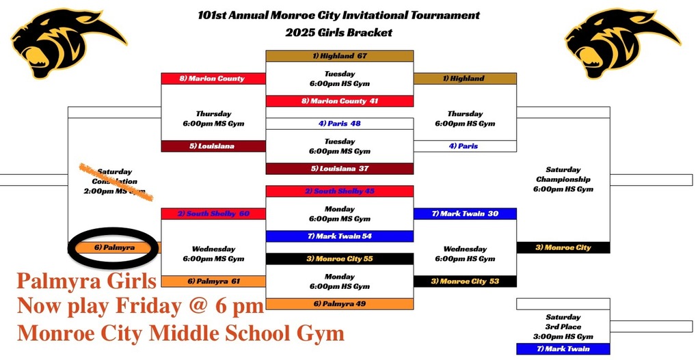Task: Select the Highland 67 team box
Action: [340, 56]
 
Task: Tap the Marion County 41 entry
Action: [340, 101]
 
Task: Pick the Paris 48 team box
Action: [340, 124]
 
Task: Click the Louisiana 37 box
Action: [340, 169]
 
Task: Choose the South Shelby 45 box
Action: [340, 191]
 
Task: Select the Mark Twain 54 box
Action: [340, 236]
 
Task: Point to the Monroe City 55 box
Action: [340, 259]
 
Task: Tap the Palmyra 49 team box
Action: [340, 304]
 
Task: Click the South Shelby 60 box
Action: [213, 214]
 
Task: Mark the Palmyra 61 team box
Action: [213, 281]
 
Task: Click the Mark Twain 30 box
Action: [465, 214]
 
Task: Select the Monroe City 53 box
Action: [465, 281]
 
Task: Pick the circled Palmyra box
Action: [114, 247]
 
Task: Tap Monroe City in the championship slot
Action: [563, 247]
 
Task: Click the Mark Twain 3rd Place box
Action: [563, 349]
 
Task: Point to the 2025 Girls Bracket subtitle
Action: [339, 32]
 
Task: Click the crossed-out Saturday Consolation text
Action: [114, 182]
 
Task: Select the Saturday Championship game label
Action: [563, 179]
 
